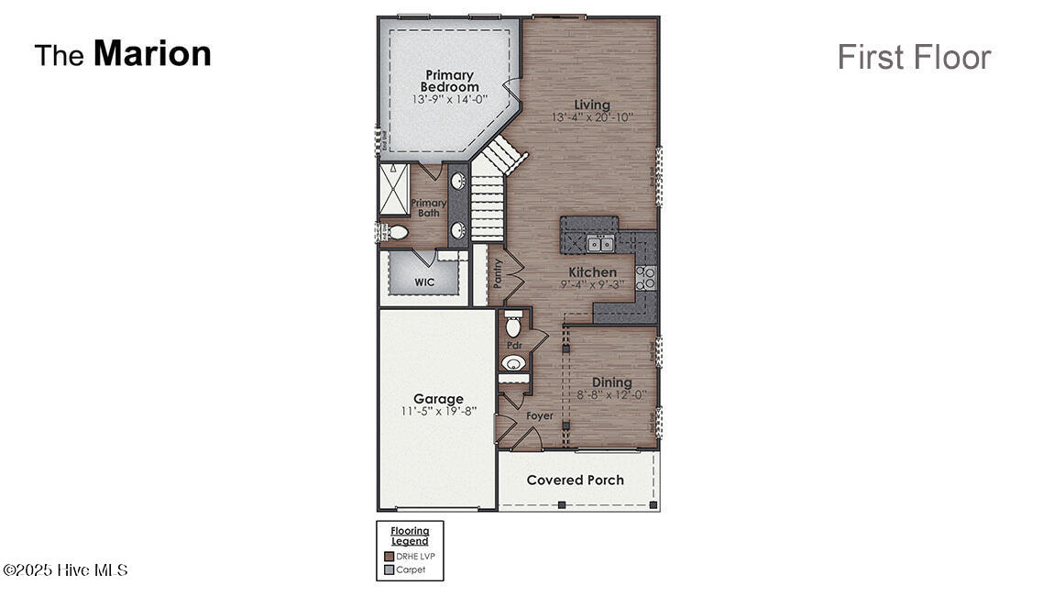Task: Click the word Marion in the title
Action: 152,53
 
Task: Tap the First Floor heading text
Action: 913,57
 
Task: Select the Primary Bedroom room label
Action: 449,81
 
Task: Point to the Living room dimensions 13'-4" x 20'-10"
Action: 592,117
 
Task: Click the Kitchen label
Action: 592,272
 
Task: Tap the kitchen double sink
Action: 600,244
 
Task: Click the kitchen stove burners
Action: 645,277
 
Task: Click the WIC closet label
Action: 424,282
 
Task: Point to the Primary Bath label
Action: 428,208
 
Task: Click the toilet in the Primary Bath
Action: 395,232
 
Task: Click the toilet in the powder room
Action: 514,326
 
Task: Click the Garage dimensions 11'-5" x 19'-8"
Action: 437,412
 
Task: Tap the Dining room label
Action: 611,382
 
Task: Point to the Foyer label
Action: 539,415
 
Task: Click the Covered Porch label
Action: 575,480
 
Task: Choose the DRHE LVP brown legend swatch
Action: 389,556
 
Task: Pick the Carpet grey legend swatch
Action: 389,569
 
